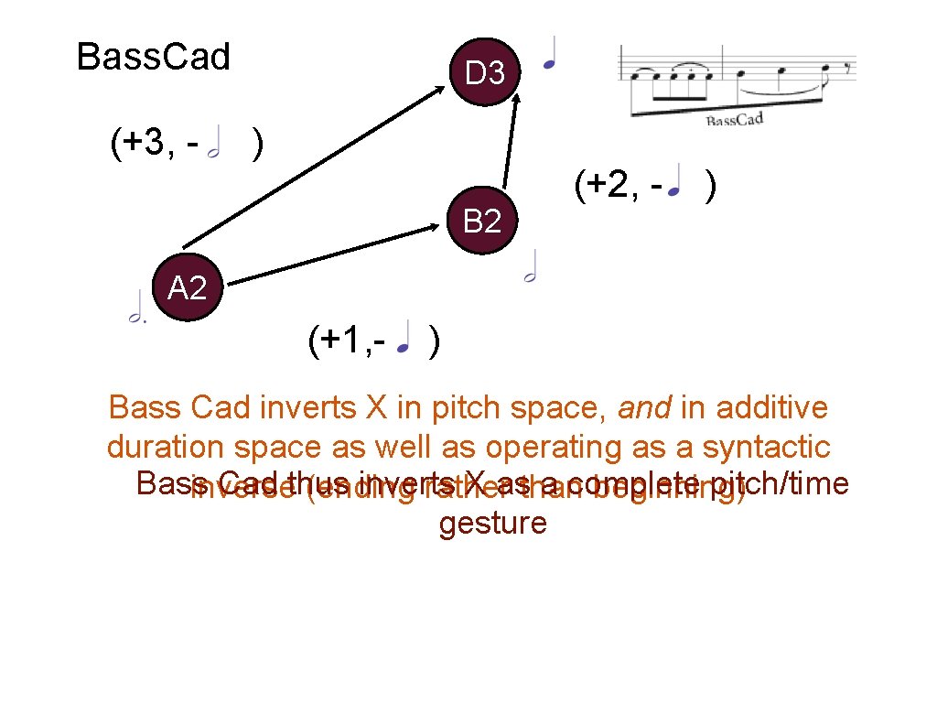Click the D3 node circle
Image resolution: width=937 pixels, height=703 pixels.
tap(485, 72)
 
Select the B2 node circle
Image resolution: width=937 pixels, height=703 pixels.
tap(482, 221)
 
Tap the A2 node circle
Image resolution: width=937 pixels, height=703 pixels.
tap(188, 288)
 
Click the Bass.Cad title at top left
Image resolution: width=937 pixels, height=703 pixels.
tap(153, 57)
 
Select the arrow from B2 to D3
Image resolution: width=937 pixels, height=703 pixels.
tap(507, 137)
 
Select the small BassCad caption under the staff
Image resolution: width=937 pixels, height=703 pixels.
tap(734, 120)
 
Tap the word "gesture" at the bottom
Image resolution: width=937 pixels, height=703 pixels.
tap(492, 524)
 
